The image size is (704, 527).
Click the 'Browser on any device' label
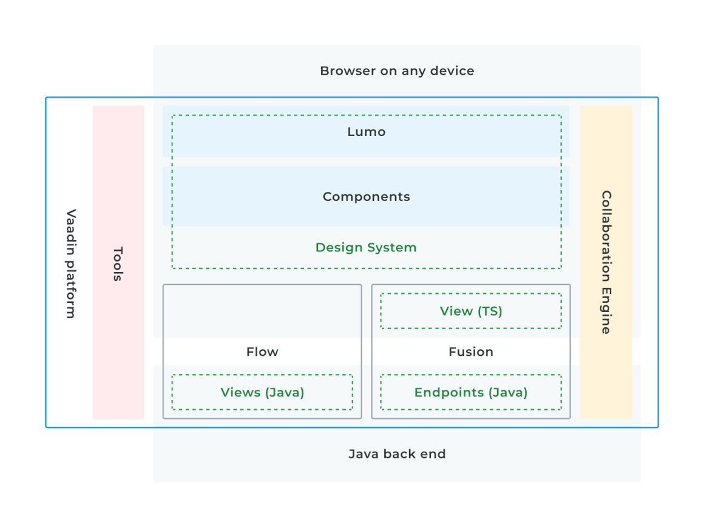397,71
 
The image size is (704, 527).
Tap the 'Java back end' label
397,454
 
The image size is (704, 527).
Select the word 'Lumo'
367,132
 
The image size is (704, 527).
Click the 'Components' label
367,197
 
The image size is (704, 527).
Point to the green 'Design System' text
366,248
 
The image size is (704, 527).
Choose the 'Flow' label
262,352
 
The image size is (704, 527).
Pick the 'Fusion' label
471,352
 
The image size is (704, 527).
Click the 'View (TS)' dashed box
471,294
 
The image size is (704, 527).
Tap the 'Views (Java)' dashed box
262,375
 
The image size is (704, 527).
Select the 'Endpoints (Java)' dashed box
471,375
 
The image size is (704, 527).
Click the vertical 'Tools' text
118,263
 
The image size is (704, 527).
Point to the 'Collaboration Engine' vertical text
606,262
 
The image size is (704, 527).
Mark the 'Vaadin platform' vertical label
71,263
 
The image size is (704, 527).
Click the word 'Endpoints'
449,393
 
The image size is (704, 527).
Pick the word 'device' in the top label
452,71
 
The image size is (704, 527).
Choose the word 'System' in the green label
391,248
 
